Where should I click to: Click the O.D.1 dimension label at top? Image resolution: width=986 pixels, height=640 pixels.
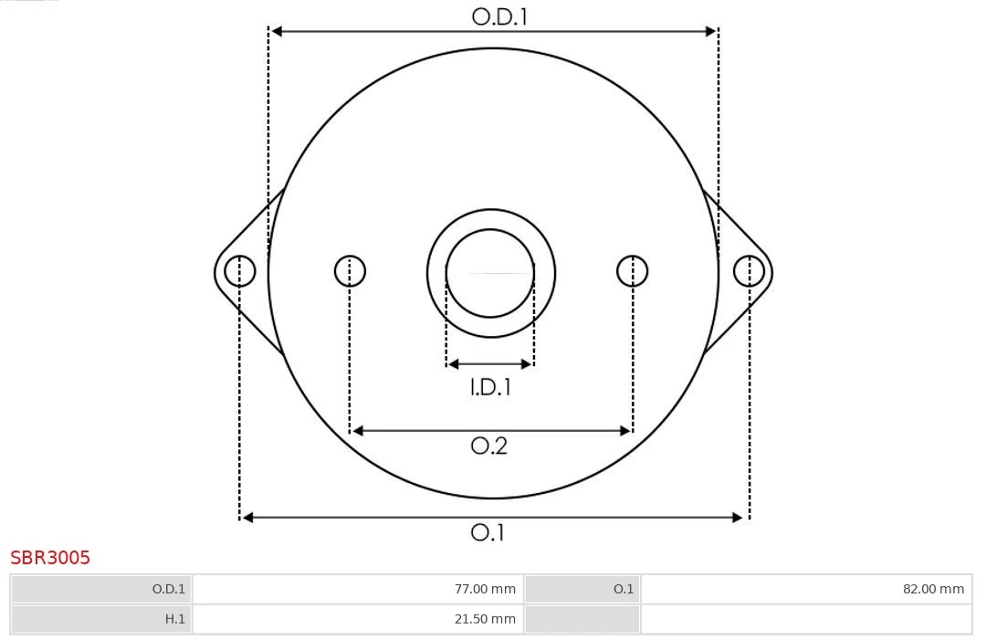tap(499, 16)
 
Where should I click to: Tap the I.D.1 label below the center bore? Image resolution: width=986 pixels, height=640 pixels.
tap(490, 387)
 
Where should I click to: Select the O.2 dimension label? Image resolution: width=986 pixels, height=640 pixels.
tap(488, 446)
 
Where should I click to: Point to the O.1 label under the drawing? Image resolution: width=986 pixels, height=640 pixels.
tap(488, 532)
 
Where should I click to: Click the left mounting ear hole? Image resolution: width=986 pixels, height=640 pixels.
tap(240, 271)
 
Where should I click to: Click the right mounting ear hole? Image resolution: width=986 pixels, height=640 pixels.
tap(749, 271)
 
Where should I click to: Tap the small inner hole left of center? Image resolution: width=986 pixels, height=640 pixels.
tap(350, 271)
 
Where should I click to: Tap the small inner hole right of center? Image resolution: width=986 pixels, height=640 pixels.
tap(633, 271)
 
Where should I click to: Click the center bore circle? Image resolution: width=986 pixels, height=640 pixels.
tap(490, 273)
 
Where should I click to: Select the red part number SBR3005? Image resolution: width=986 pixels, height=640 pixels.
tap(50, 558)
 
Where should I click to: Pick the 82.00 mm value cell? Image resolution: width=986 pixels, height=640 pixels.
tap(806, 589)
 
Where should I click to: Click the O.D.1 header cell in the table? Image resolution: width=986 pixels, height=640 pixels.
tap(101, 589)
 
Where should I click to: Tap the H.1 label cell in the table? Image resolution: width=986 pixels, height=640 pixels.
tap(101, 619)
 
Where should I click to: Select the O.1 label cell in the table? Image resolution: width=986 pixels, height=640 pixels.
tap(582, 589)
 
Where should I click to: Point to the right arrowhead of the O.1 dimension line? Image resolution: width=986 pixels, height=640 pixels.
tap(739, 518)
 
